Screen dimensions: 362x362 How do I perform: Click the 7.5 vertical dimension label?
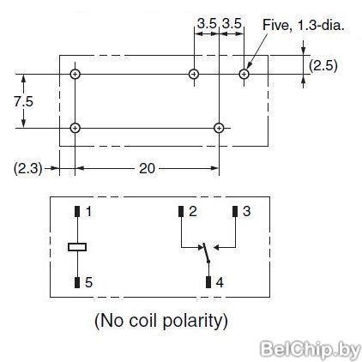(24, 101)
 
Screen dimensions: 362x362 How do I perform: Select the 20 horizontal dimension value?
(147, 168)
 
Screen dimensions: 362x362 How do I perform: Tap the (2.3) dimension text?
(28, 168)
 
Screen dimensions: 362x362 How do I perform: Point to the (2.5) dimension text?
(323, 65)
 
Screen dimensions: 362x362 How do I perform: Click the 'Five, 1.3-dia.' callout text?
(303, 25)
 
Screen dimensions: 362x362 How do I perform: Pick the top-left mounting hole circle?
(75, 75)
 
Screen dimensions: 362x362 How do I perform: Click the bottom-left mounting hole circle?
(75, 128)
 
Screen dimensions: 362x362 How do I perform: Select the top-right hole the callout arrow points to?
(244, 75)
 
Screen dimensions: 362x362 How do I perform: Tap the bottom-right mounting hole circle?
(219, 128)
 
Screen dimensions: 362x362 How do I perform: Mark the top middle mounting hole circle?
(194, 75)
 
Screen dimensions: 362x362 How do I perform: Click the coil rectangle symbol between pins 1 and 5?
(77, 247)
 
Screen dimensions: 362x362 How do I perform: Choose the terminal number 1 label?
(88, 212)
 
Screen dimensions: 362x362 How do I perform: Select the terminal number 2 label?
(193, 212)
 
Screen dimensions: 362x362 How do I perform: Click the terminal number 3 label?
(246, 212)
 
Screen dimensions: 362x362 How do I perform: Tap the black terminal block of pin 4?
(208, 282)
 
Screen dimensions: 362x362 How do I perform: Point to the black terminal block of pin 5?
(77, 282)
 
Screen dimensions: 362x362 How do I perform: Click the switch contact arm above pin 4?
(206, 253)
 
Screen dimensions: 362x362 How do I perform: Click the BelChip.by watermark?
(311, 349)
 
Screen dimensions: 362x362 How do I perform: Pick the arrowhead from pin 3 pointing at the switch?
(216, 247)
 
